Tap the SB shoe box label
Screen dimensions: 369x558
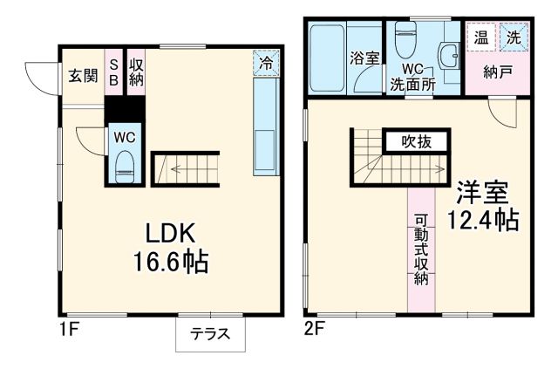click(x=113, y=72)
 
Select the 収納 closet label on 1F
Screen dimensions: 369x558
click(x=136, y=72)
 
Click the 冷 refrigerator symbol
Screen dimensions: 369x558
click(x=268, y=62)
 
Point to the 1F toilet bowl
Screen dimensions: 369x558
click(x=124, y=165)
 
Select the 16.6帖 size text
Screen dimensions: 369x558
click(x=170, y=261)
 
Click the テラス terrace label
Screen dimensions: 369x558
click(x=209, y=333)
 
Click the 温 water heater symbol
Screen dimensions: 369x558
click(x=480, y=38)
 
